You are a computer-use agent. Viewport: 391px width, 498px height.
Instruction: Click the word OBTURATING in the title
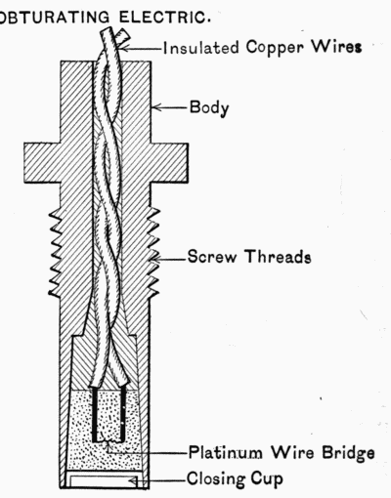tap(55, 18)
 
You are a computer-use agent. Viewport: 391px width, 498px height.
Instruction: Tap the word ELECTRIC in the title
tap(164, 17)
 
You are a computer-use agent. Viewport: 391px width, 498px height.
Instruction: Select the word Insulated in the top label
tap(201, 48)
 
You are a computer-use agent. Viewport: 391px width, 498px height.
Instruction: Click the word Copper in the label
tap(275, 48)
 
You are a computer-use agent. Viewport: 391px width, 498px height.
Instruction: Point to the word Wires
tap(336, 47)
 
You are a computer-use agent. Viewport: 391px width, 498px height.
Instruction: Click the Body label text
tap(209, 107)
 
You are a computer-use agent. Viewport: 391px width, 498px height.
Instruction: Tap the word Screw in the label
tap(212, 256)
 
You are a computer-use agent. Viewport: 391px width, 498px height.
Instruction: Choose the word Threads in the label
tap(278, 256)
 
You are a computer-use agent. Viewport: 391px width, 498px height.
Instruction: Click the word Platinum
tap(226, 452)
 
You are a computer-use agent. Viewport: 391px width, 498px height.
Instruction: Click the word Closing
tap(215, 479)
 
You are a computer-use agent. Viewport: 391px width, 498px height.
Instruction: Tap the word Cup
tap(267, 479)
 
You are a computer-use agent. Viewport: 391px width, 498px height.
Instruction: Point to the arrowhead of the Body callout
tap(155, 107)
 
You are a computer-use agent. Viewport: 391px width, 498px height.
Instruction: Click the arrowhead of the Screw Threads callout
tap(155, 260)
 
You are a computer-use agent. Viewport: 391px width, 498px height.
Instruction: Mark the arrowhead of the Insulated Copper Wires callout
tap(124, 49)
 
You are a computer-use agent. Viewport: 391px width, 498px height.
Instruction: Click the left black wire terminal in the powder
tap(94, 414)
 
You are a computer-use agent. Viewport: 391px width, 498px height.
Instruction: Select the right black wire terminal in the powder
tap(123, 413)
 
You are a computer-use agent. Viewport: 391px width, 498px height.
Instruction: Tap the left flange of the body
tap(42, 163)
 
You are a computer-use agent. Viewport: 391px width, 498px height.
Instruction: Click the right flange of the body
tap(169, 163)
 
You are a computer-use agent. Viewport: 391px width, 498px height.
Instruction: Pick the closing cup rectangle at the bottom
tap(104, 480)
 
